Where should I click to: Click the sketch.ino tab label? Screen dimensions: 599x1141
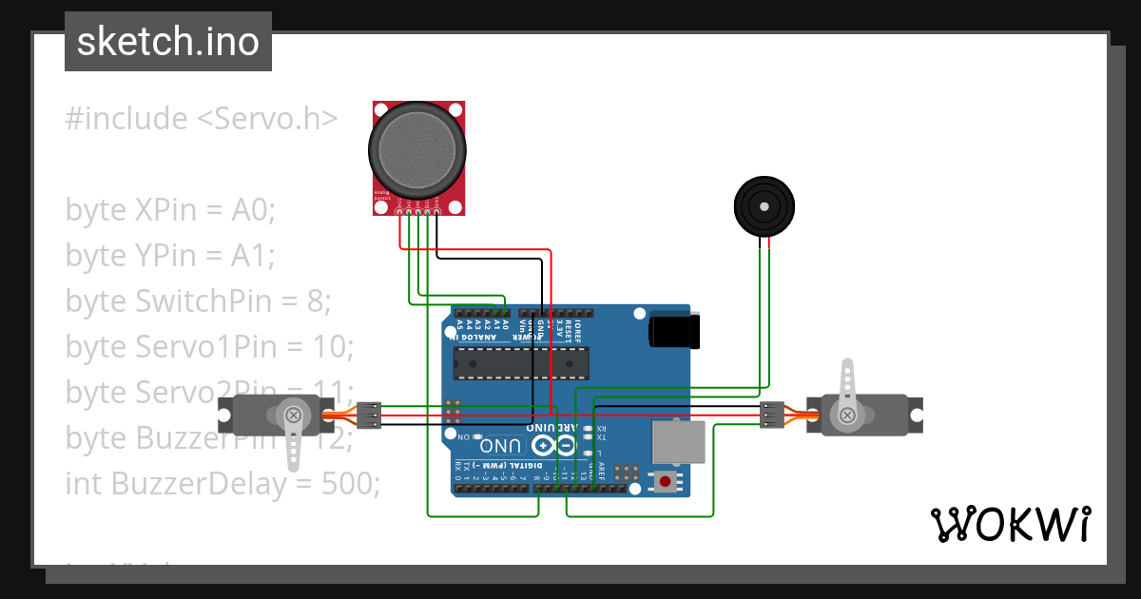[167, 42]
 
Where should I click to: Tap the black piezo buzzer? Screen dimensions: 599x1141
[764, 205]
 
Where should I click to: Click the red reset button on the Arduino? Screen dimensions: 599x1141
[665, 482]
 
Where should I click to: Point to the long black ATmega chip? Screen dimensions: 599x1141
[521, 362]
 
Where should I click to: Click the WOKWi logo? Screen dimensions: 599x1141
[1010, 524]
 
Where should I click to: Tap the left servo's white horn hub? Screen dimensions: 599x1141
[294, 415]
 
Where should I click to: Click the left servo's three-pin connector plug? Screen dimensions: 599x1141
[369, 415]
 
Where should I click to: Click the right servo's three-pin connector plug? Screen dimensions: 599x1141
[772, 415]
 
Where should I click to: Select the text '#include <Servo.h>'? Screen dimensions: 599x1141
[202, 119]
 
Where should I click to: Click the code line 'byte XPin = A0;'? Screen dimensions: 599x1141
[170, 210]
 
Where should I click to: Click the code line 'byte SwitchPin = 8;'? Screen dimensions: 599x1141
[198, 301]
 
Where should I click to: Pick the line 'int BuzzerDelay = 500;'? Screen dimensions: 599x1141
[222, 484]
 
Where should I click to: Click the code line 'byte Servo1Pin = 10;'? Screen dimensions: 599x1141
[209, 347]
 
